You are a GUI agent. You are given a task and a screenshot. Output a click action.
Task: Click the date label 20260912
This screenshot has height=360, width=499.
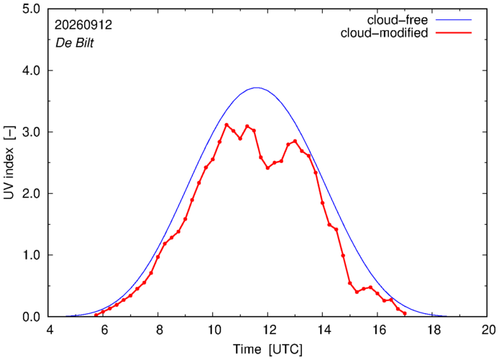tap(83, 25)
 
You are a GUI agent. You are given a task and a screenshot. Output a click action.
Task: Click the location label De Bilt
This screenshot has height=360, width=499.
tap(75, 43)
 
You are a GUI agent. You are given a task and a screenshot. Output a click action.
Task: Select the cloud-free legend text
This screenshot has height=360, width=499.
tap(397, 20)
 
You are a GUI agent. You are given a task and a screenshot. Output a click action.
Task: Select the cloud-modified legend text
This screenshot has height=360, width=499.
tap(384, 33)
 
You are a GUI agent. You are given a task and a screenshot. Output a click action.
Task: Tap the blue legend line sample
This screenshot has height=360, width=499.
tap(454, 19)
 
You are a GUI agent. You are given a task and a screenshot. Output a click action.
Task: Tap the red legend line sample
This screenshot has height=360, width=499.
tap(454, 32)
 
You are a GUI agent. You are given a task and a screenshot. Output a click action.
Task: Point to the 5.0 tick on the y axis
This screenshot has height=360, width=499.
tap(31, 9)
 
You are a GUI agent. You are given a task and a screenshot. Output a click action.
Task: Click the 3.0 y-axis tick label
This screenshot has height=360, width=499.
tap(31, 131)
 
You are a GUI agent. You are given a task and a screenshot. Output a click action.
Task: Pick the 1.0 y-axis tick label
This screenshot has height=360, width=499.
tap(31, 255)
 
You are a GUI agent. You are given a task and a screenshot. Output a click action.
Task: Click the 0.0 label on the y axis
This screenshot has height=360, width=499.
tap(31, 316)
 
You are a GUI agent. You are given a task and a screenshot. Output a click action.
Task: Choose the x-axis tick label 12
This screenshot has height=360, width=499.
tap(267, 330)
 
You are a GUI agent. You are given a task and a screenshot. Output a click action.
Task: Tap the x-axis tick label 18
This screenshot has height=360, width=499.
tap(432, 330)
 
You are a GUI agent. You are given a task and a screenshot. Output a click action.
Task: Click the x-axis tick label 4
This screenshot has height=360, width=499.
tap(49, 330)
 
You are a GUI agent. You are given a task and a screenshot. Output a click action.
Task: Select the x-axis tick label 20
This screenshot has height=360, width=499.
tap(487, 330)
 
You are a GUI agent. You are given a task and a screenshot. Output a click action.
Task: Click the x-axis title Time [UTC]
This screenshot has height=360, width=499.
tap(267, 349)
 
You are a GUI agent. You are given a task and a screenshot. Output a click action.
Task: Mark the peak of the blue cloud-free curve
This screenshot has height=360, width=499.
tap(257, 88)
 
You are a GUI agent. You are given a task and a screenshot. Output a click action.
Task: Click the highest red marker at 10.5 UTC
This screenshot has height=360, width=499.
tap(226, 125)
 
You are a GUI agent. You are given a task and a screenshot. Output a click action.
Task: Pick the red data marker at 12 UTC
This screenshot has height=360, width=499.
tap(267, 168)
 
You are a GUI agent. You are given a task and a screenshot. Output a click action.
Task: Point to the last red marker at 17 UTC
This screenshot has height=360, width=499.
tap(405, 313)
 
